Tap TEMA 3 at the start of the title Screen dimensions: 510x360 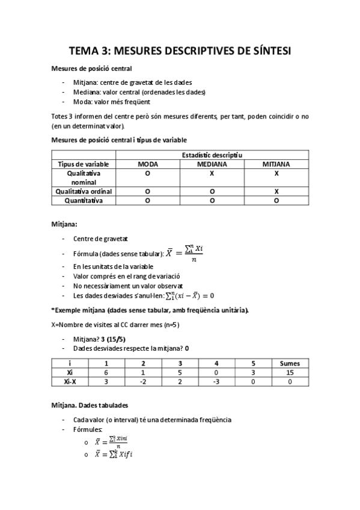pos(90,52)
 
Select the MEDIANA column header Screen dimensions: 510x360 pos(212,164)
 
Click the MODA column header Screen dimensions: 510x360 pos(147,164)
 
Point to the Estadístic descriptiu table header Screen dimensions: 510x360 pos(212,155)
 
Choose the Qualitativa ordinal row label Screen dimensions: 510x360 pos(84,191)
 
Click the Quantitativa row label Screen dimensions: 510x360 pos(84,200)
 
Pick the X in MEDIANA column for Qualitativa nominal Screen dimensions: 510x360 pos(212,173)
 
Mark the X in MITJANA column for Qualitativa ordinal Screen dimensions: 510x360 pos(276,191)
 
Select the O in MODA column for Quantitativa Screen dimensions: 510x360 pos(147,200)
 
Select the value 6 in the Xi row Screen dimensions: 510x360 pos(106,372)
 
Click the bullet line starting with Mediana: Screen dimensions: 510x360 pos(139,92)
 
